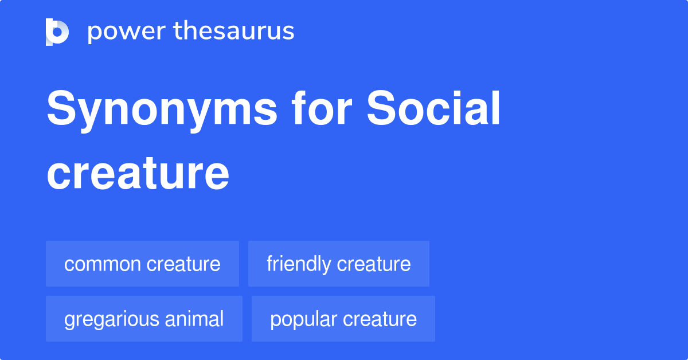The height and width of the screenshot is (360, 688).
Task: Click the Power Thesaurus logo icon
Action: point(57,32)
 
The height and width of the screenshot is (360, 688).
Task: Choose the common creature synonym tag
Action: point(142,264)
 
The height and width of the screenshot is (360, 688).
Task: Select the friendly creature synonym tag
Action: point(338,264)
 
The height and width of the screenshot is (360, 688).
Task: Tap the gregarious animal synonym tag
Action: point(144,319)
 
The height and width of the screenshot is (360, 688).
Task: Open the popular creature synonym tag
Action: point(343,319)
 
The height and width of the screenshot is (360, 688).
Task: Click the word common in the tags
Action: point(102,264)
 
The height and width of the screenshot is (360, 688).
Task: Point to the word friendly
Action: point(298,264)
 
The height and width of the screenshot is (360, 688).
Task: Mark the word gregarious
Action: point(110,319)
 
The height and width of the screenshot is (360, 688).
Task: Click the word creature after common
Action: point(183,264)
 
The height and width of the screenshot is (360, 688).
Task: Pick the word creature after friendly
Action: point(374,264)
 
